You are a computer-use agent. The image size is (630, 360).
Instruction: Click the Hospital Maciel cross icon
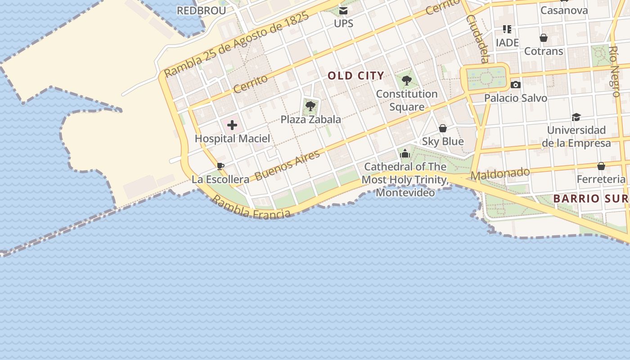coord(232,125)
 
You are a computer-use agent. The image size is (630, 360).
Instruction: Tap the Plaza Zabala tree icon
coord(310,106)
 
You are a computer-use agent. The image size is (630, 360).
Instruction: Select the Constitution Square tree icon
coord(407,81)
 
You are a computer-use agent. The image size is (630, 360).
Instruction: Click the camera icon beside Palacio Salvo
coord(516,85)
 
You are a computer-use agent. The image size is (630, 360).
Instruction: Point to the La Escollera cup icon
coord(220,166)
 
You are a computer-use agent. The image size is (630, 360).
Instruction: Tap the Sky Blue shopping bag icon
coord(443,128)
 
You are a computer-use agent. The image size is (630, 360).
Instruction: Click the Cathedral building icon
coord(405,153)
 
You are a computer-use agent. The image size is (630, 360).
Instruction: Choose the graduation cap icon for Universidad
coord(576,117)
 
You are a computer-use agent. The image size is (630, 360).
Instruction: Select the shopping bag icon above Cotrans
coord(544,38)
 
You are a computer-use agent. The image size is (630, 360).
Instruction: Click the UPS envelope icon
coord(343,10)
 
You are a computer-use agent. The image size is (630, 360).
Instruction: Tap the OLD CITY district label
coord(356,76)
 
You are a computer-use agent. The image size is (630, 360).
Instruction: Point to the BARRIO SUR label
coord(589,198)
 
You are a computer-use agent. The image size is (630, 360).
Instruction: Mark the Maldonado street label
coord(500,173)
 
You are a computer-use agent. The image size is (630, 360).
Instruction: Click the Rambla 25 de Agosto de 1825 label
coord(237,45)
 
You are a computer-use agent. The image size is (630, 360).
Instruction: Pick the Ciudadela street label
coord(477,39)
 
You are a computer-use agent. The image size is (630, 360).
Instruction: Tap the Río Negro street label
coord(615,71)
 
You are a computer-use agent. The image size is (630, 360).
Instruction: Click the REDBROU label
coord(201,11)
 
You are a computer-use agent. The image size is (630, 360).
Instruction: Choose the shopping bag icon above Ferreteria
coord(601,166)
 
